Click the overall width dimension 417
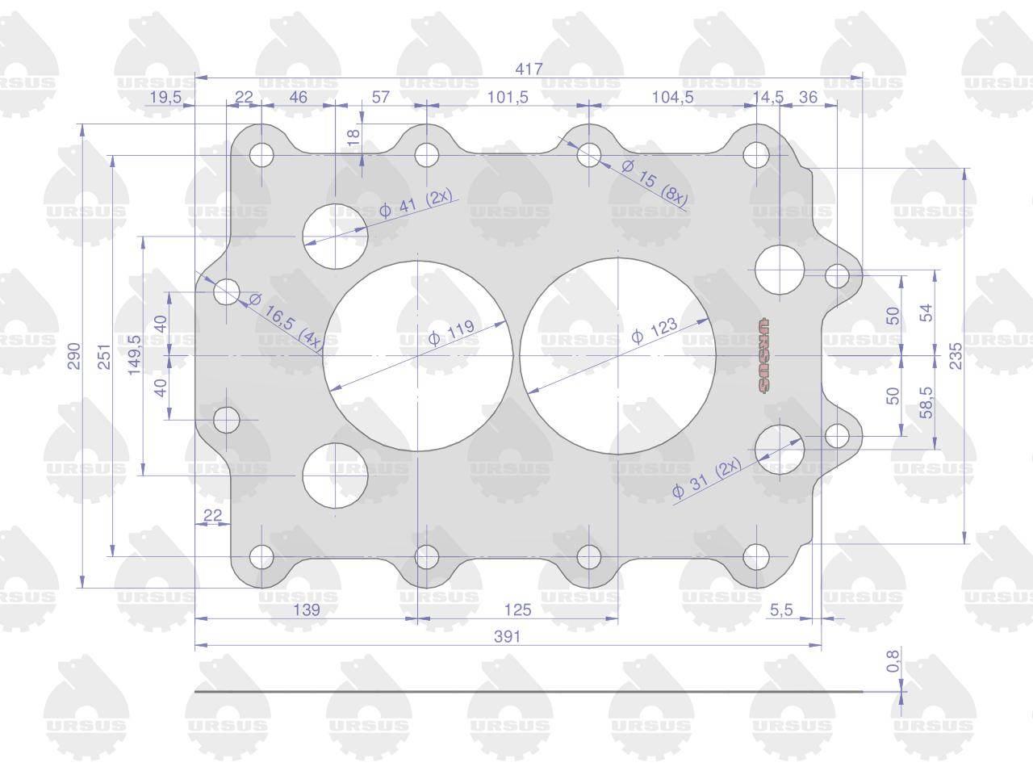pyautogui.click(x=529, y=69)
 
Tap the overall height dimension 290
pyautogui.click(x=74, y=356)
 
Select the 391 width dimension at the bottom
pyautogui.click(x=508, y=637)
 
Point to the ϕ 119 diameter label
pyautogui.click(x=451, y=333)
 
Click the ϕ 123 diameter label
pyautogui.click(x=655, y=330)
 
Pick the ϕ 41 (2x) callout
pyautogui.click(x=416, y=203)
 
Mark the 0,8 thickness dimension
pyautogui.click(x=893, y=660)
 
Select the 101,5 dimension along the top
pyautogui.click(x=508, y=97)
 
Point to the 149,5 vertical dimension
pyautogui.click(x=135, y=354)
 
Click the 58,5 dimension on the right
pyautogui.click(x=926, y=403)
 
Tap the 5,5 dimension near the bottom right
pyautogui.click(x=781, y=610)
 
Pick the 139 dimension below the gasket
pyautogui.click(x=307, y=610)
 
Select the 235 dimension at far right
pyautogui.click(x=956, y=356)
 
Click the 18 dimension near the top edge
pyautogui.click(x=353, y=137)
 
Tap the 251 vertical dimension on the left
pyautogui.click(x=104, y=356)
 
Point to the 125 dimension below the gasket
pyautogui.click(x=517, y=610)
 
